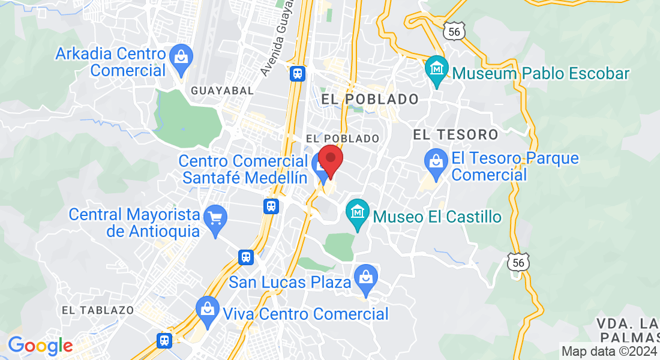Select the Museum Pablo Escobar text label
pos(541,74)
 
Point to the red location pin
pos(330,160)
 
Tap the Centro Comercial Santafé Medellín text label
pos(244,169)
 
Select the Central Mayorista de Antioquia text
pos(134,222)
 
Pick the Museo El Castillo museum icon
pos(358,212)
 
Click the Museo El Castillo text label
pos(437,217)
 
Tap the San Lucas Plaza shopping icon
pos(365,277)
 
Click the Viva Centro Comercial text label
pos(305,314)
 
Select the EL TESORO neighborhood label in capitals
pos(455,134)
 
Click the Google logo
pos(40,346)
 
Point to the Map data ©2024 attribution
pos(608,352)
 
